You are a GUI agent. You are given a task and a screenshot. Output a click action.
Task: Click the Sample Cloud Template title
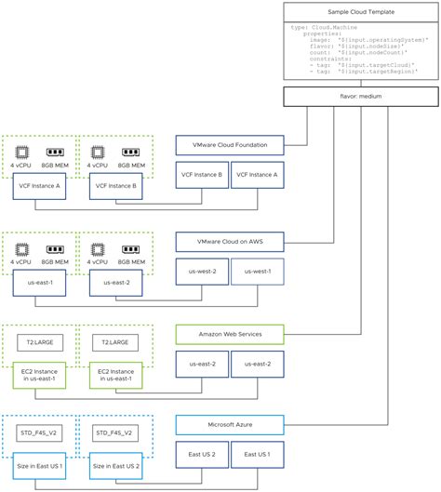362,13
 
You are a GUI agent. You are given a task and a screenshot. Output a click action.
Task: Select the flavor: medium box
362,97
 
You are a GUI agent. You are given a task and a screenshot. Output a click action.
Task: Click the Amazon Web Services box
229,333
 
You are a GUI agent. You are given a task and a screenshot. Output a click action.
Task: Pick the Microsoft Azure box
229,425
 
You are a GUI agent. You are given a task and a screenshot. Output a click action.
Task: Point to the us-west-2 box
202,272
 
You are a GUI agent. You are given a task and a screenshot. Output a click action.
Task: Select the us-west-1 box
256,272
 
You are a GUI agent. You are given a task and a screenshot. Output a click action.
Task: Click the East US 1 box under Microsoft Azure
256,455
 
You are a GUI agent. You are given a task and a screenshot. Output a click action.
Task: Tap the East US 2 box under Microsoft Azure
202,455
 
